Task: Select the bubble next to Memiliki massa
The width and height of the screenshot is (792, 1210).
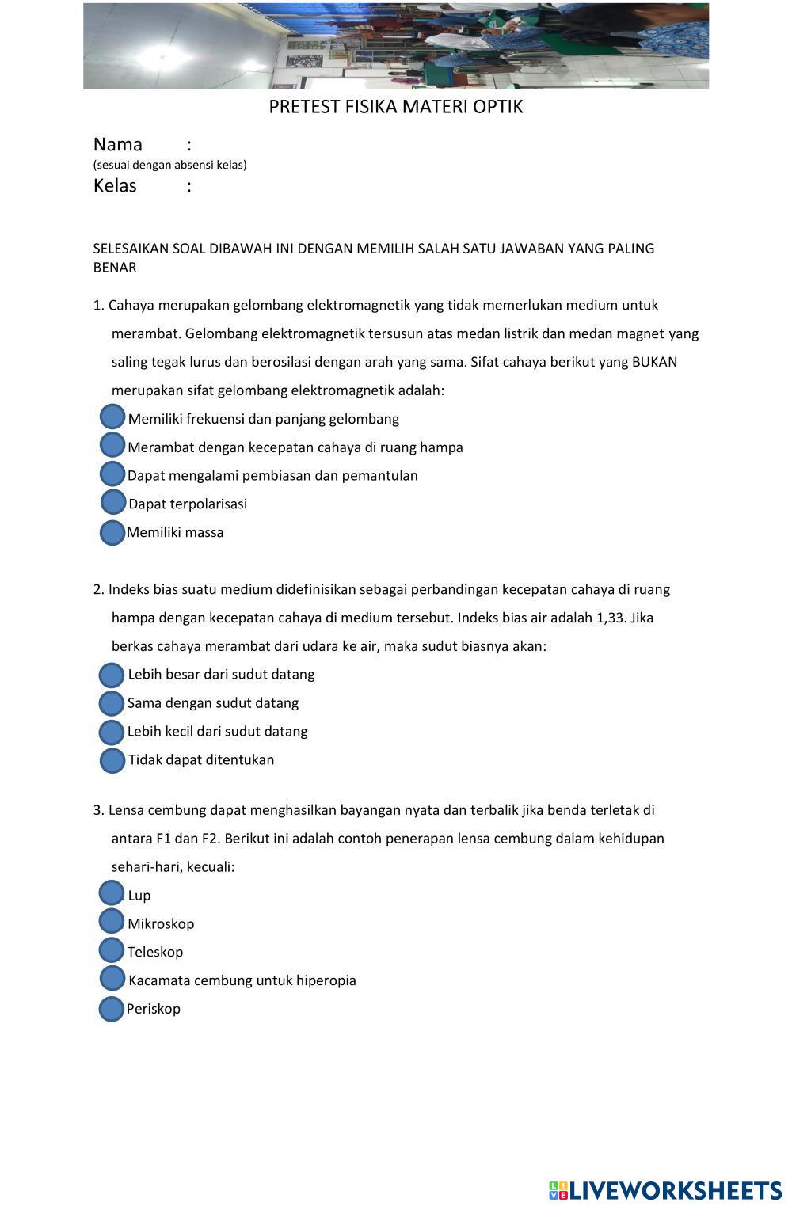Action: (x=112, y=533)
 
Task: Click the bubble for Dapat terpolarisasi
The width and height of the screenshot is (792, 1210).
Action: (x=113, y=502)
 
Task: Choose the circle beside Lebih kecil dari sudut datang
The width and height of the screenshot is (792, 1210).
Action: (x=112, y=732)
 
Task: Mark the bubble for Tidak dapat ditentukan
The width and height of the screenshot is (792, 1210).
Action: (x=112, y=760)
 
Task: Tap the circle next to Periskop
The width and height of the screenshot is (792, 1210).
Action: (x=111, y=1009)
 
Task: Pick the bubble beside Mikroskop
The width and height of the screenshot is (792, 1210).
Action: (x=112, y=922)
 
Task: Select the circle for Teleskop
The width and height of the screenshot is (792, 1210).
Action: (x=112, y=950)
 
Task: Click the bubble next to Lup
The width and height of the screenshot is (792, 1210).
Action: (x=112, y=893)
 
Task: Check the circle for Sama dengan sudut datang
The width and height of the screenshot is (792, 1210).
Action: (x=112, y=703)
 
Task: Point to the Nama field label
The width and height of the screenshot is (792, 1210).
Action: (x=118, y=145)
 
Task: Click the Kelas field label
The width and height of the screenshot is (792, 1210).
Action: (x=115, y=186)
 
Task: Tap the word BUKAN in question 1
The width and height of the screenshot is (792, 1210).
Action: (x=654, y=363)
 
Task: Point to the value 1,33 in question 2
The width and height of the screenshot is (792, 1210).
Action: (x=610, y=618)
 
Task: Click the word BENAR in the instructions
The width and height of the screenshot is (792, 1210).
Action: (x=115, y=268)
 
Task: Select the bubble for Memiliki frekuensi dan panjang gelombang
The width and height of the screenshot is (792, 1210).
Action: (x=113, y=417)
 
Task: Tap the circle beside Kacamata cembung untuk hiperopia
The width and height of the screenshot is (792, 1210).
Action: (x=112, y=979)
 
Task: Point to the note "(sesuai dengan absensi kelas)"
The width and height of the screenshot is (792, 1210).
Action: (x=170, y=166)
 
